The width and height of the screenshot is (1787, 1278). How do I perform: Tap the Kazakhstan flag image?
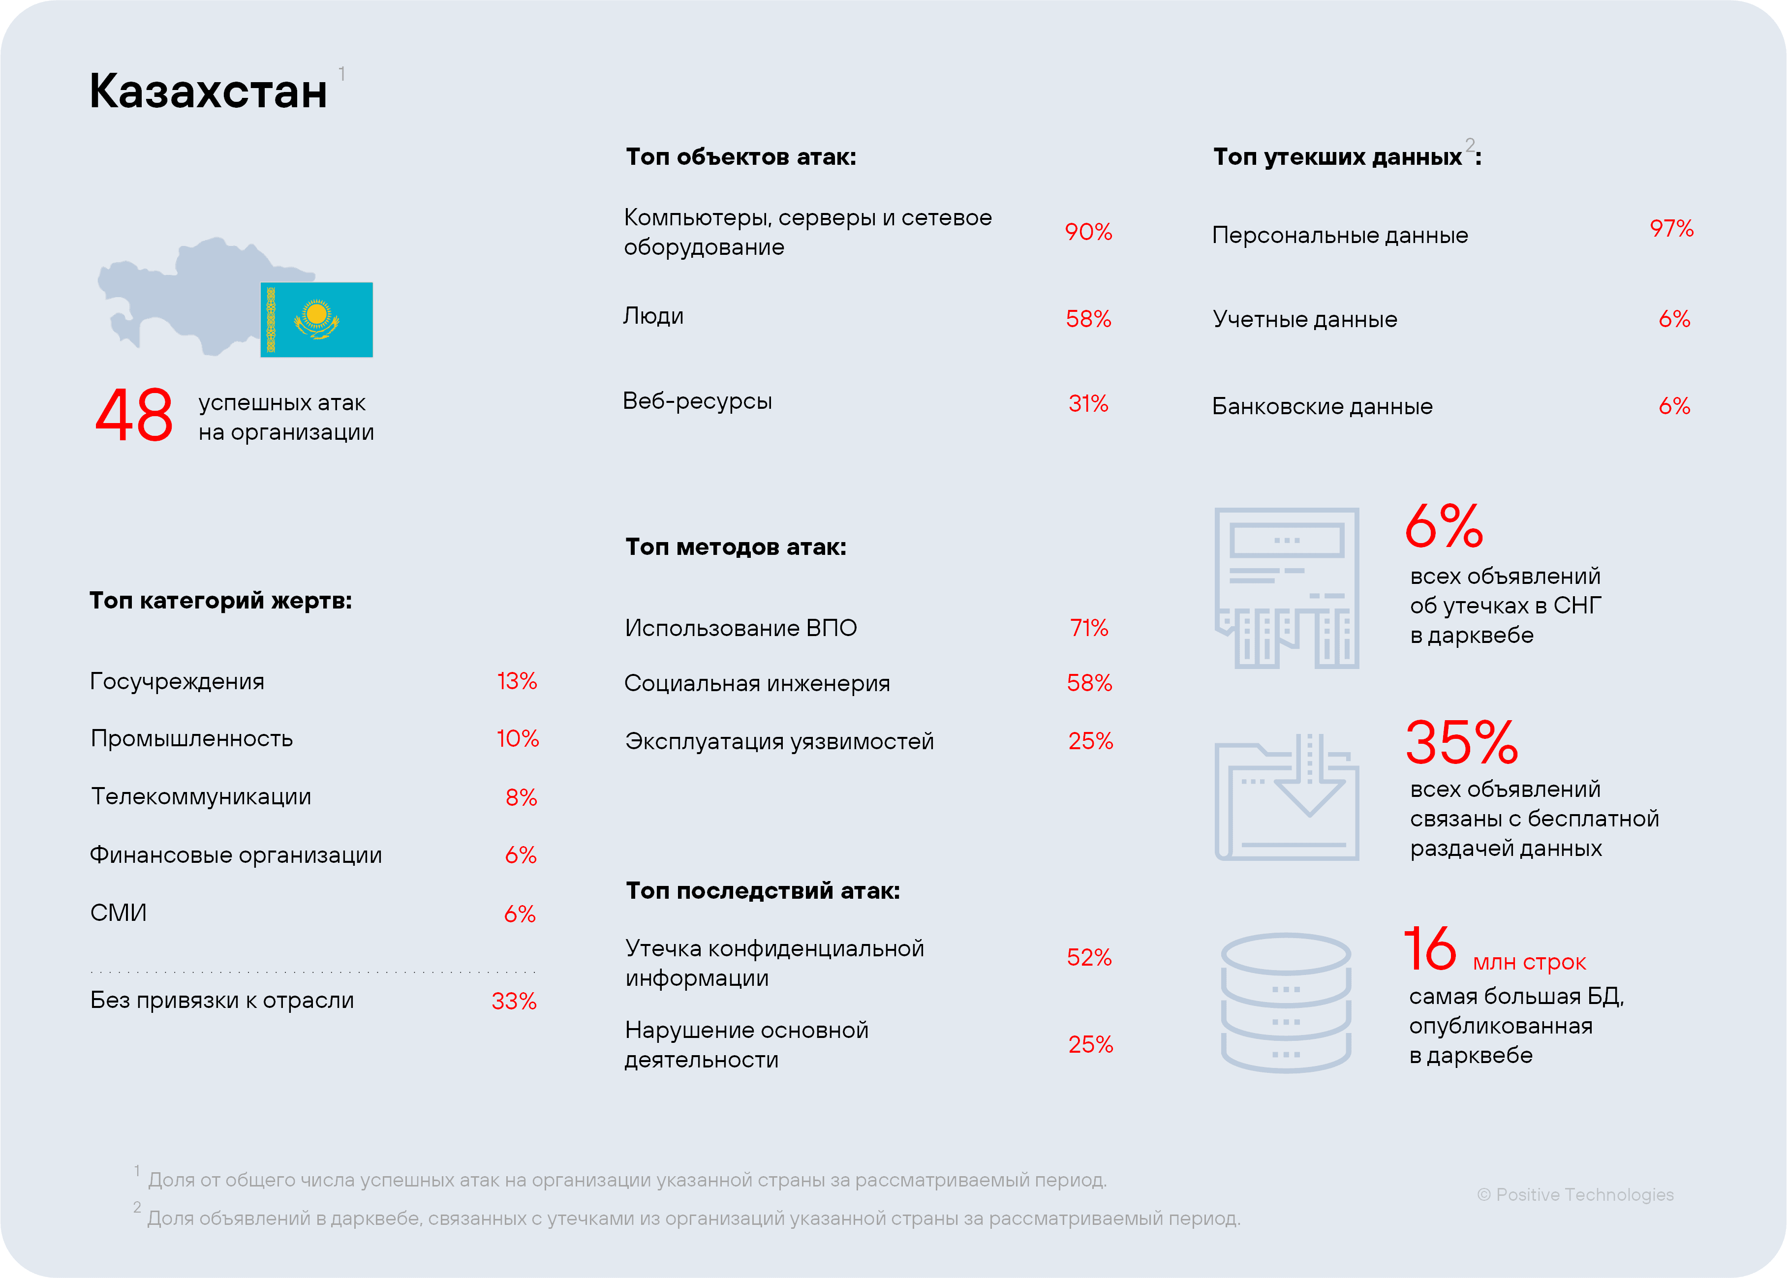(x=316, y=320)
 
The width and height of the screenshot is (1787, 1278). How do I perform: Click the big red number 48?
(x=134, y=416)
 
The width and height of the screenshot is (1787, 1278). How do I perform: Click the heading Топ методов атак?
(x=735, y=547)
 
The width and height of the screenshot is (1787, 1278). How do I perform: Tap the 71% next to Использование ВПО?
(x=1088, y=628)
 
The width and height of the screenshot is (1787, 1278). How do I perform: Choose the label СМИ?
(x=118, y=913)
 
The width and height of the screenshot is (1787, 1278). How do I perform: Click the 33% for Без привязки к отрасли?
(x=513, y=1002)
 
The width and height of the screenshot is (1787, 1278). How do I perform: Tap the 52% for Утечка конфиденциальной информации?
(x=1088, y=958)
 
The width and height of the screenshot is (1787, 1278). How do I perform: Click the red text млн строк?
(x=1528, y=962)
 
